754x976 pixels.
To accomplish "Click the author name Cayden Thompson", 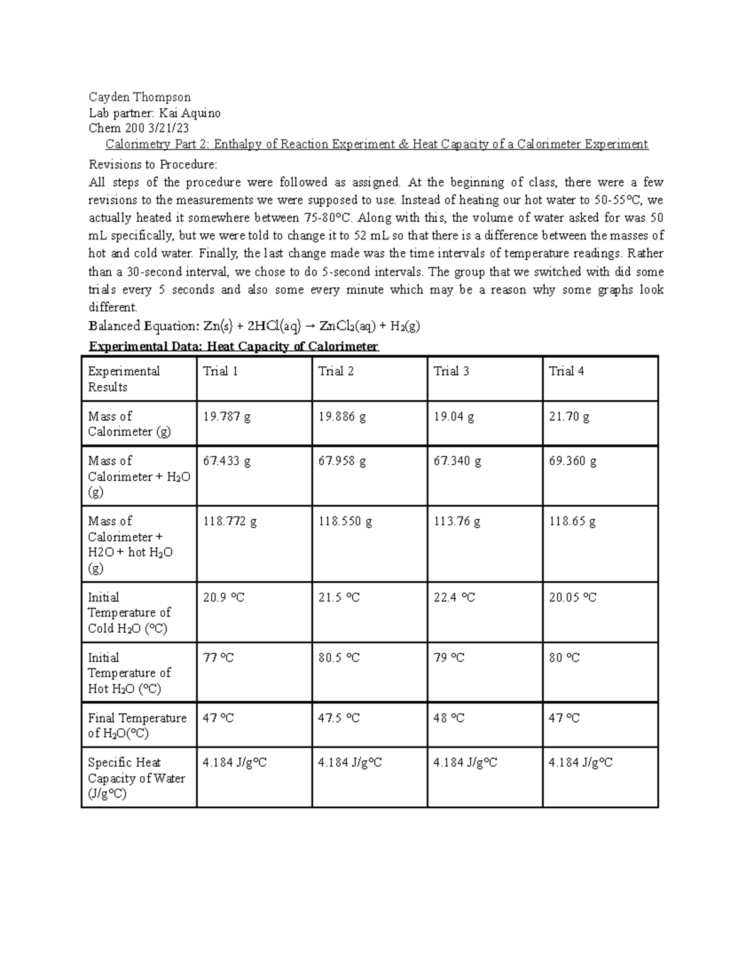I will (x=139, y=97).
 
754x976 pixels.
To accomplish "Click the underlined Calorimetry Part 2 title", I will (x=376, y=145).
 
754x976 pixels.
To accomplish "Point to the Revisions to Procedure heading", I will (x=153, y=165).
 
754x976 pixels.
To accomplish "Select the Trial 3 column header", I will (x=451, y=371).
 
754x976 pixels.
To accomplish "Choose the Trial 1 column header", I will (x=221, y=371).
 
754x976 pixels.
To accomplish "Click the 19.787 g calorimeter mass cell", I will (x=227, y=417).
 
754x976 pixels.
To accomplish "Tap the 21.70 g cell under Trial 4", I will (x=569, y=417).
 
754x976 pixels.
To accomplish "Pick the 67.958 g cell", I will (x=342, y=461).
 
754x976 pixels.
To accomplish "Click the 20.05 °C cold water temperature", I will (x=572, y=598).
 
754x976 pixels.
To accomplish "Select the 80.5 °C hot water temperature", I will (x=339, y=658).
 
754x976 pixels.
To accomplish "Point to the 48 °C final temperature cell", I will (x=449, y=718).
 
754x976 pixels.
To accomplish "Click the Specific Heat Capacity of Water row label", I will (x=136, y=778).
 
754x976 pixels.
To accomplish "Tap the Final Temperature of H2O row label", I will (x=137, y=725).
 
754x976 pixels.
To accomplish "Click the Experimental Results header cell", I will (x=124, y=379).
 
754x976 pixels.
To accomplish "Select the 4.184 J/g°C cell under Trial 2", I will (x=350, y=763).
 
